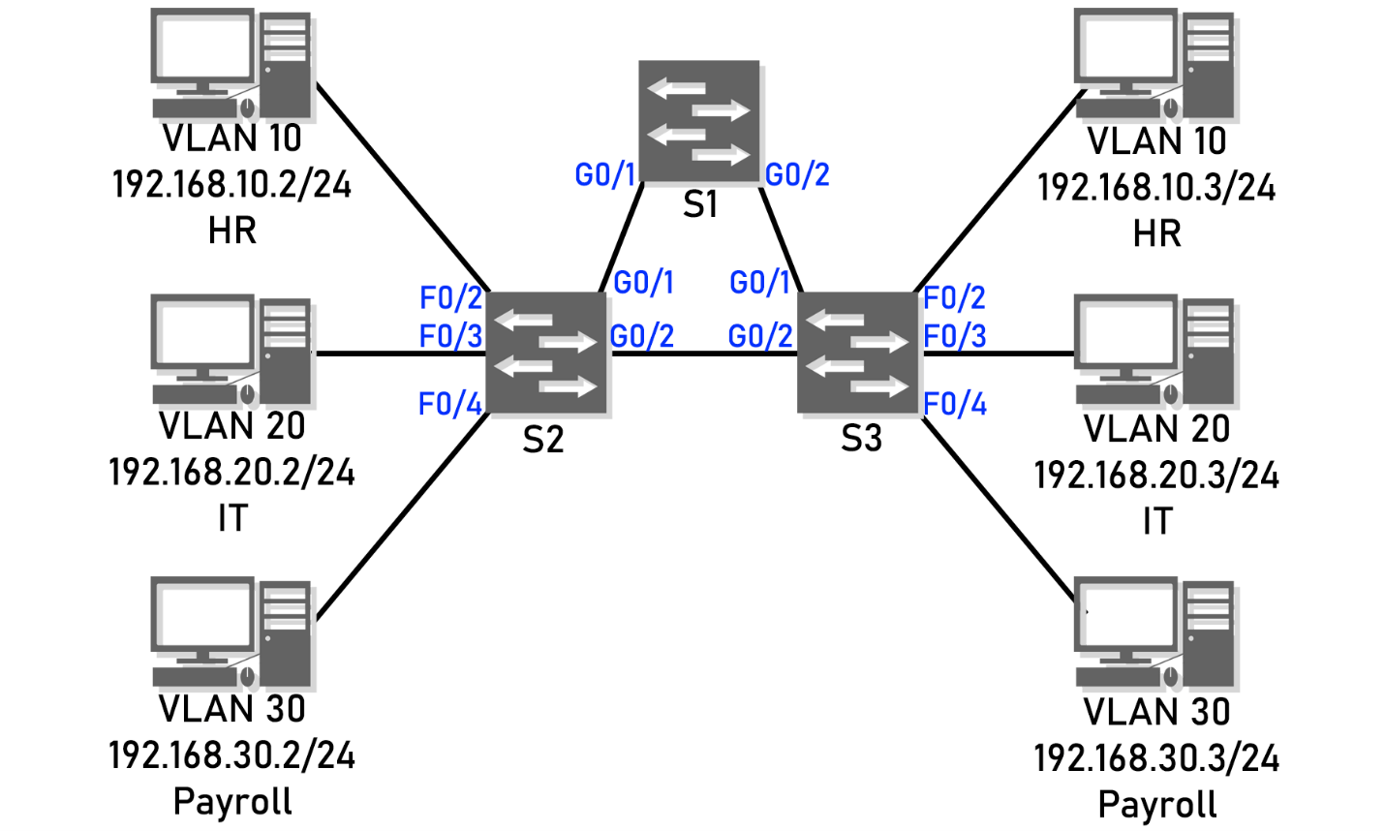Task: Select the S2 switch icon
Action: pos(546,354)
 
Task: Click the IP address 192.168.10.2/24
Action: pos(231,184)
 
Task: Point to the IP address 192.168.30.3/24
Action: pos(1156,758)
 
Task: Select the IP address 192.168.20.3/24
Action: pos(1156,476)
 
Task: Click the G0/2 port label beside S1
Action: pos(797,175)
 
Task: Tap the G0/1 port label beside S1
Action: pos(605,175)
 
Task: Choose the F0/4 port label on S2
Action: pos(449,404)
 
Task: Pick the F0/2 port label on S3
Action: pos(955,298)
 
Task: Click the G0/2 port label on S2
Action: pos(642,336)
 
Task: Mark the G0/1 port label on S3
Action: pos(760,283)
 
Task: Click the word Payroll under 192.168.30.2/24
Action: pos(232,802)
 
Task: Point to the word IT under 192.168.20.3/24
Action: pos(1156,522)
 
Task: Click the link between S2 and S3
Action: pos(702,354)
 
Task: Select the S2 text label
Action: pos(542,441)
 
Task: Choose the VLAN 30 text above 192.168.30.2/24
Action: pos(231,709)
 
